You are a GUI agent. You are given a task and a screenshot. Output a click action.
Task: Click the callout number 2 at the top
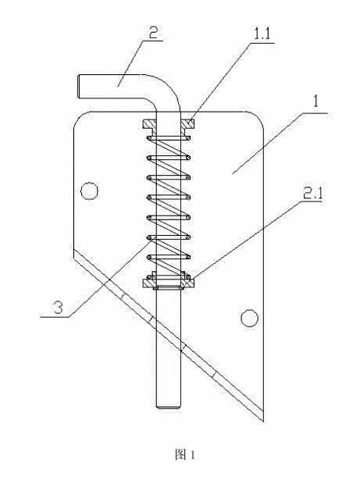click(153, 32)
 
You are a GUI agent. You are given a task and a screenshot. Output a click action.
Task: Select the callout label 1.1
click(262, 34)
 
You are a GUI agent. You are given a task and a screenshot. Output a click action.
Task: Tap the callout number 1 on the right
click(315, 102)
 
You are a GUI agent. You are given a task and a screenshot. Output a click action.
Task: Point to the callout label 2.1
click(312, 194)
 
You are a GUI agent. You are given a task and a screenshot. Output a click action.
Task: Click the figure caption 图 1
click(185, 454)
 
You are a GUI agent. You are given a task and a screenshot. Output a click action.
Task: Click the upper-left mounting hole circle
click(90, 191)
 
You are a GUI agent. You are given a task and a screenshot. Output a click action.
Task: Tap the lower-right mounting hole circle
click(250, 318)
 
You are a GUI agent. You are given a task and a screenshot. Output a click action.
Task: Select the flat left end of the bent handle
click(78, 87)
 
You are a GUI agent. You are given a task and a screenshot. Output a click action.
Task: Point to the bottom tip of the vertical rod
click(168, 407)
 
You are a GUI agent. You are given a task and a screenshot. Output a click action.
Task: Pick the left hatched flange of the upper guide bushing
click(149, 125)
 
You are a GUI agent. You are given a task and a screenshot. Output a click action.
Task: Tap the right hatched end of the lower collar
click(187, 283)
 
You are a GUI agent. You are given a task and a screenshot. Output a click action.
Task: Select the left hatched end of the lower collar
click(149, 283)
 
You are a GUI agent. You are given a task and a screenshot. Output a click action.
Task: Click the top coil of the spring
click(168, 138)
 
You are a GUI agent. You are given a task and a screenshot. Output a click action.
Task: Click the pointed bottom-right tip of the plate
click(263, 422)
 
